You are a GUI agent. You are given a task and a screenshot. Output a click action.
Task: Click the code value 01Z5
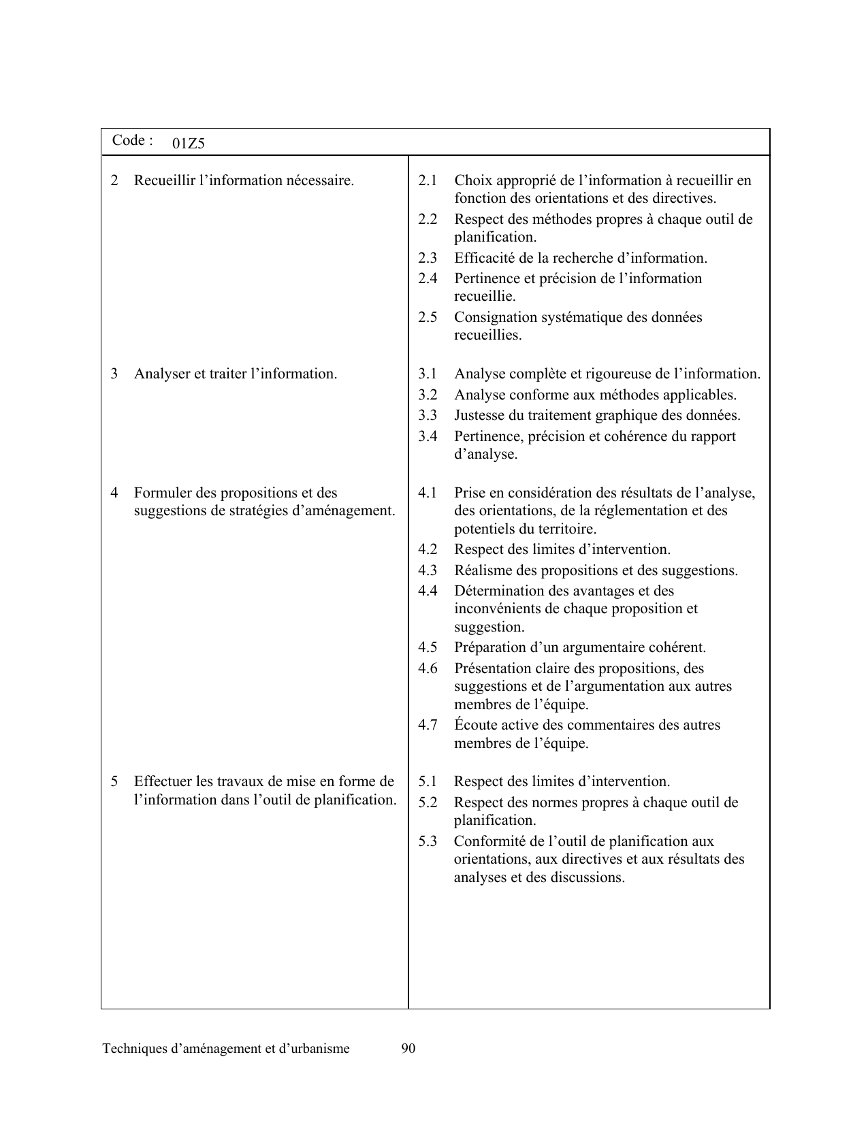[x=189, y=144]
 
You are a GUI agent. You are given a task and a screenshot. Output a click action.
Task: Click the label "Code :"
[x=132, y=141]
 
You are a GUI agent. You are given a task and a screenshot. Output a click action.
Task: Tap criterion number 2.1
[x=428, y=181]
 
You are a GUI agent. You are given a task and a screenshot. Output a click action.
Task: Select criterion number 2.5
[x=428, y=318]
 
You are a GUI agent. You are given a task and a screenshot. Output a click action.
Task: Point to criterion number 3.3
[x=428, y=416]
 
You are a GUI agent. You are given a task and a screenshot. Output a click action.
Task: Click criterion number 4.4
[x=428, y=591]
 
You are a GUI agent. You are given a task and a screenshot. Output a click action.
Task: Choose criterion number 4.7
[x=428, y=726]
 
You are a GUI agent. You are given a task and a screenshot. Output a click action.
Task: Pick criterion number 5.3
[x=428, y=842]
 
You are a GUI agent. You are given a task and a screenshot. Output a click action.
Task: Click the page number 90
[x=408, y=1049]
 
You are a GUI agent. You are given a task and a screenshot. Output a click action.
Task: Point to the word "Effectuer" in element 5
[x=163, y=782]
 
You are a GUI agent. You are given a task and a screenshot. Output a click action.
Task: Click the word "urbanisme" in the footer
[x=318, y=1049]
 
